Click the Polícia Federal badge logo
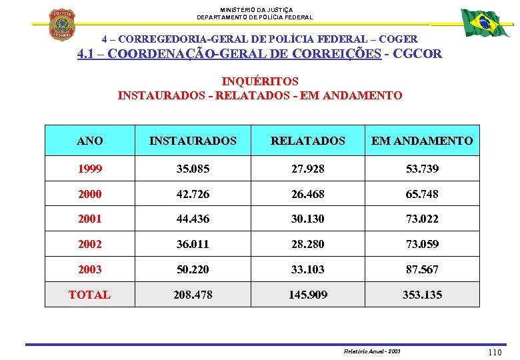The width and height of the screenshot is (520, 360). coord(63,24)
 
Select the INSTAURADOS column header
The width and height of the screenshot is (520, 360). coord(193,141)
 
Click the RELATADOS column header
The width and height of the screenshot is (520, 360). coord(308,141)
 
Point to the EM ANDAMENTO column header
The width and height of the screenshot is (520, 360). coord(422,141)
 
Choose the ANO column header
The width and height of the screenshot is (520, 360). coord(90,141)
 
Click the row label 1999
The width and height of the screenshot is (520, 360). coord(90,169)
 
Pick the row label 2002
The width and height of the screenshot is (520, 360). coord(90,244)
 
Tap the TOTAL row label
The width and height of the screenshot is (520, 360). coord(89,294)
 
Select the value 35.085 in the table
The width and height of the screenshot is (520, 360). coord(193,169)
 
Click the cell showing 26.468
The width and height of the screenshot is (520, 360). coord(308,194)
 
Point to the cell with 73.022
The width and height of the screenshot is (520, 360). coord(422,219)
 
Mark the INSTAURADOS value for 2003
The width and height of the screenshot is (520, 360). coord(193,269)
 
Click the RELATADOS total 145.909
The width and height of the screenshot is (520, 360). coord(308,294)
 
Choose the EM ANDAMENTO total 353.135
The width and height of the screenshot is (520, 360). coord(422,294)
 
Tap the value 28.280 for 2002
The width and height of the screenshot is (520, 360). coord(308,244)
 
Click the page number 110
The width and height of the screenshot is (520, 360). coord(495,352)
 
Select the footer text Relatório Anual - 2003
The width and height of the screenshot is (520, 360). coord(372,351)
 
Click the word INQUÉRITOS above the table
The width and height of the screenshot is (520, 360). coord(260,81)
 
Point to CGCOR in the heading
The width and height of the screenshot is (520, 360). coord(417,54)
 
